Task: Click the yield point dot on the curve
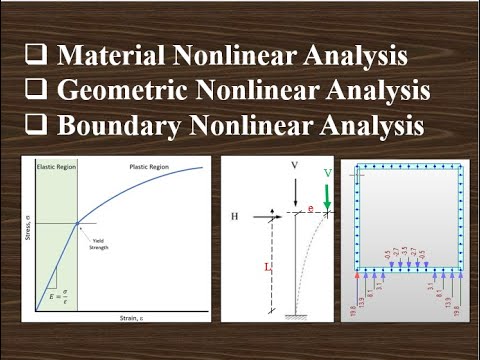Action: [78, 222]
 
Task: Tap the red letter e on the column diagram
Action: [311, 209]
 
